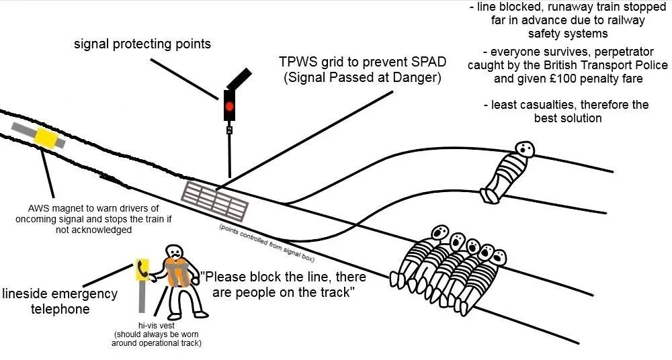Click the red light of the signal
(x=229, y=106)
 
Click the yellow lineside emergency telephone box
(x=142, y=270)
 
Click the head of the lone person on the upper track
(x=524, y=149)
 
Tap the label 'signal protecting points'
(x=142, y=44)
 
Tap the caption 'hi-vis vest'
(x=156, y=325)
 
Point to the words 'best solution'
(x=568, y=118)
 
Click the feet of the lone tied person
(x=486, y=195)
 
